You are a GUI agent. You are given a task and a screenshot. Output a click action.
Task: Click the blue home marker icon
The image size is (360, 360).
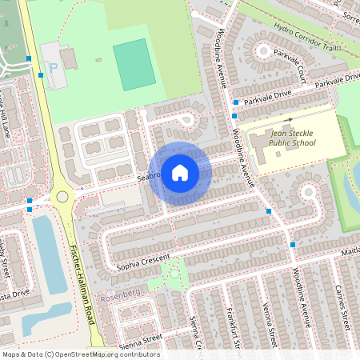coord(180,172)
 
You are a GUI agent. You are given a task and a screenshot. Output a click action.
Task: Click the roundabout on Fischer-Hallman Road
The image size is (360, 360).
coord(62,197)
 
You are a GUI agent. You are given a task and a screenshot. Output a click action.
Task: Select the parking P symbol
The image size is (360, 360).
coord(54,69)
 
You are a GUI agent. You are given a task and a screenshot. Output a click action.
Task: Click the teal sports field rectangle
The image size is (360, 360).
coord(134,64)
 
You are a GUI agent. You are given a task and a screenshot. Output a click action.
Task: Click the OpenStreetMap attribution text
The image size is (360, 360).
coord(80,354)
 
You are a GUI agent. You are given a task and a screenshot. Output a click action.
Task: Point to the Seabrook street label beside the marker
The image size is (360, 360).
coord(150,176)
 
